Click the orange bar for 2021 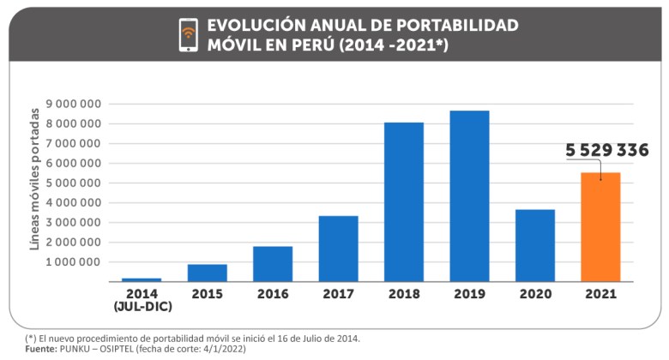[600, 227]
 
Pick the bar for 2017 [338, 249]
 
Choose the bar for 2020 [535, 245]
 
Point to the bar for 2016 [273, 264]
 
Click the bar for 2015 [208, 273]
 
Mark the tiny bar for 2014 [142, 279]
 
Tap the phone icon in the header [189, 34]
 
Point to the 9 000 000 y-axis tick [75, 104]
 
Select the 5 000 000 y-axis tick [75, 183]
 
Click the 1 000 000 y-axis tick [75, 261]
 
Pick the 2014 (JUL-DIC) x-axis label [142, 300]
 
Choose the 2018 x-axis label [404, 294]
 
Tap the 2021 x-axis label [600, 294]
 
